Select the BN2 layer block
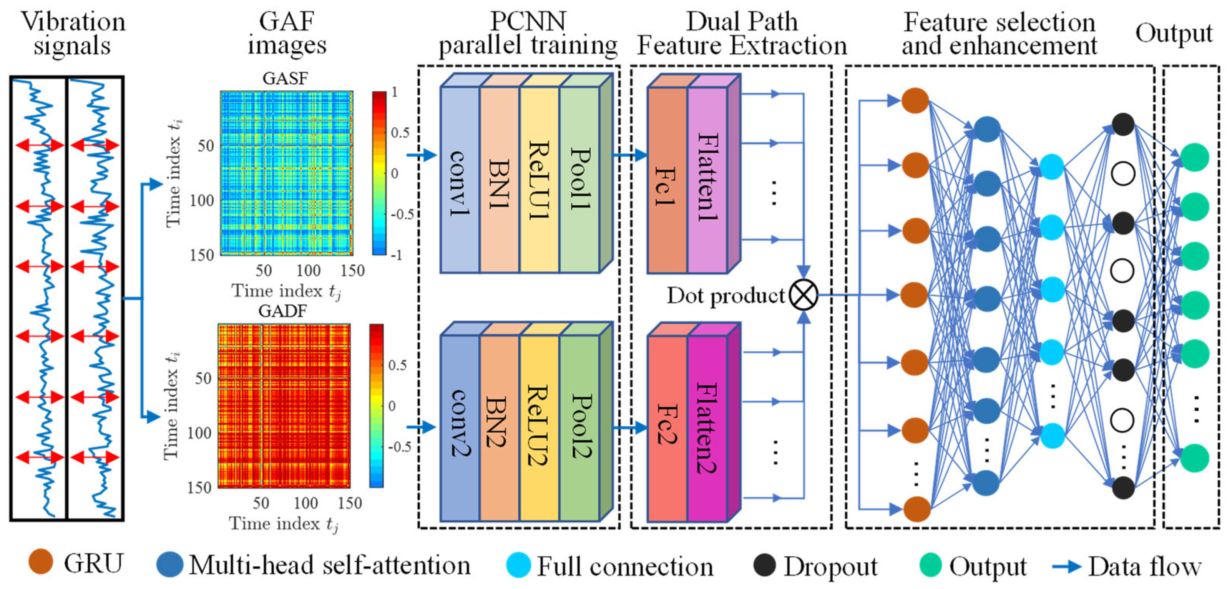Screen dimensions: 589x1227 [x=499, y=428]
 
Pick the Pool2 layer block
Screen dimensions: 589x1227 [x=579, y=428]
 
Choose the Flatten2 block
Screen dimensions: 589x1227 [x=707, y=428]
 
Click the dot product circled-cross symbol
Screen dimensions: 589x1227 [x=804, y=294]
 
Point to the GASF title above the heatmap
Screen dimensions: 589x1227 [x=285, y=78]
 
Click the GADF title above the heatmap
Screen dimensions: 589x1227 [x=282, y=311]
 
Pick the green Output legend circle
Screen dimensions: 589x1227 [x=930, y=565]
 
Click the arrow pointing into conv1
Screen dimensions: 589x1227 [x=422, y=155]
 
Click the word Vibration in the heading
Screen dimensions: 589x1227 [x=73, y=22]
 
